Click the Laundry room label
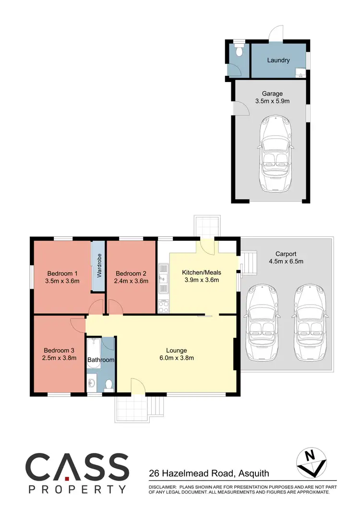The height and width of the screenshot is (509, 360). pyautogui.click(x=278, y=60)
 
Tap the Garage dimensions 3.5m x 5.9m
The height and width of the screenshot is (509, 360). pyautogui.click(x=272, y=102)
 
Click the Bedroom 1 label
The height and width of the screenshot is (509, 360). pyautogui.click(x=61, y=273)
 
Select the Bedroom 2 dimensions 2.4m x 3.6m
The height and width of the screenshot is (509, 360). pyautogui.click(x=132, y=282)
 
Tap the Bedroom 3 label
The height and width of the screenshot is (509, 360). pyautogui.click(x=60, y=350)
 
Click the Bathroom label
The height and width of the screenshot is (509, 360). pyautogui.click(x=101, y=360)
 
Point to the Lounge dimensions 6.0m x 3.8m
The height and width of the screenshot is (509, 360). pyautogui.click(x=177, y=358)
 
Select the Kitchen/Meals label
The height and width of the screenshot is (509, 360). pyautogui.click(x=202, y=272)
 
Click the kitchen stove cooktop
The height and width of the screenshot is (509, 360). pyautogui.click(x=164, y=306)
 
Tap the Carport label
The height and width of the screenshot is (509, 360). pyautogui.click(x=286, y=254)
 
